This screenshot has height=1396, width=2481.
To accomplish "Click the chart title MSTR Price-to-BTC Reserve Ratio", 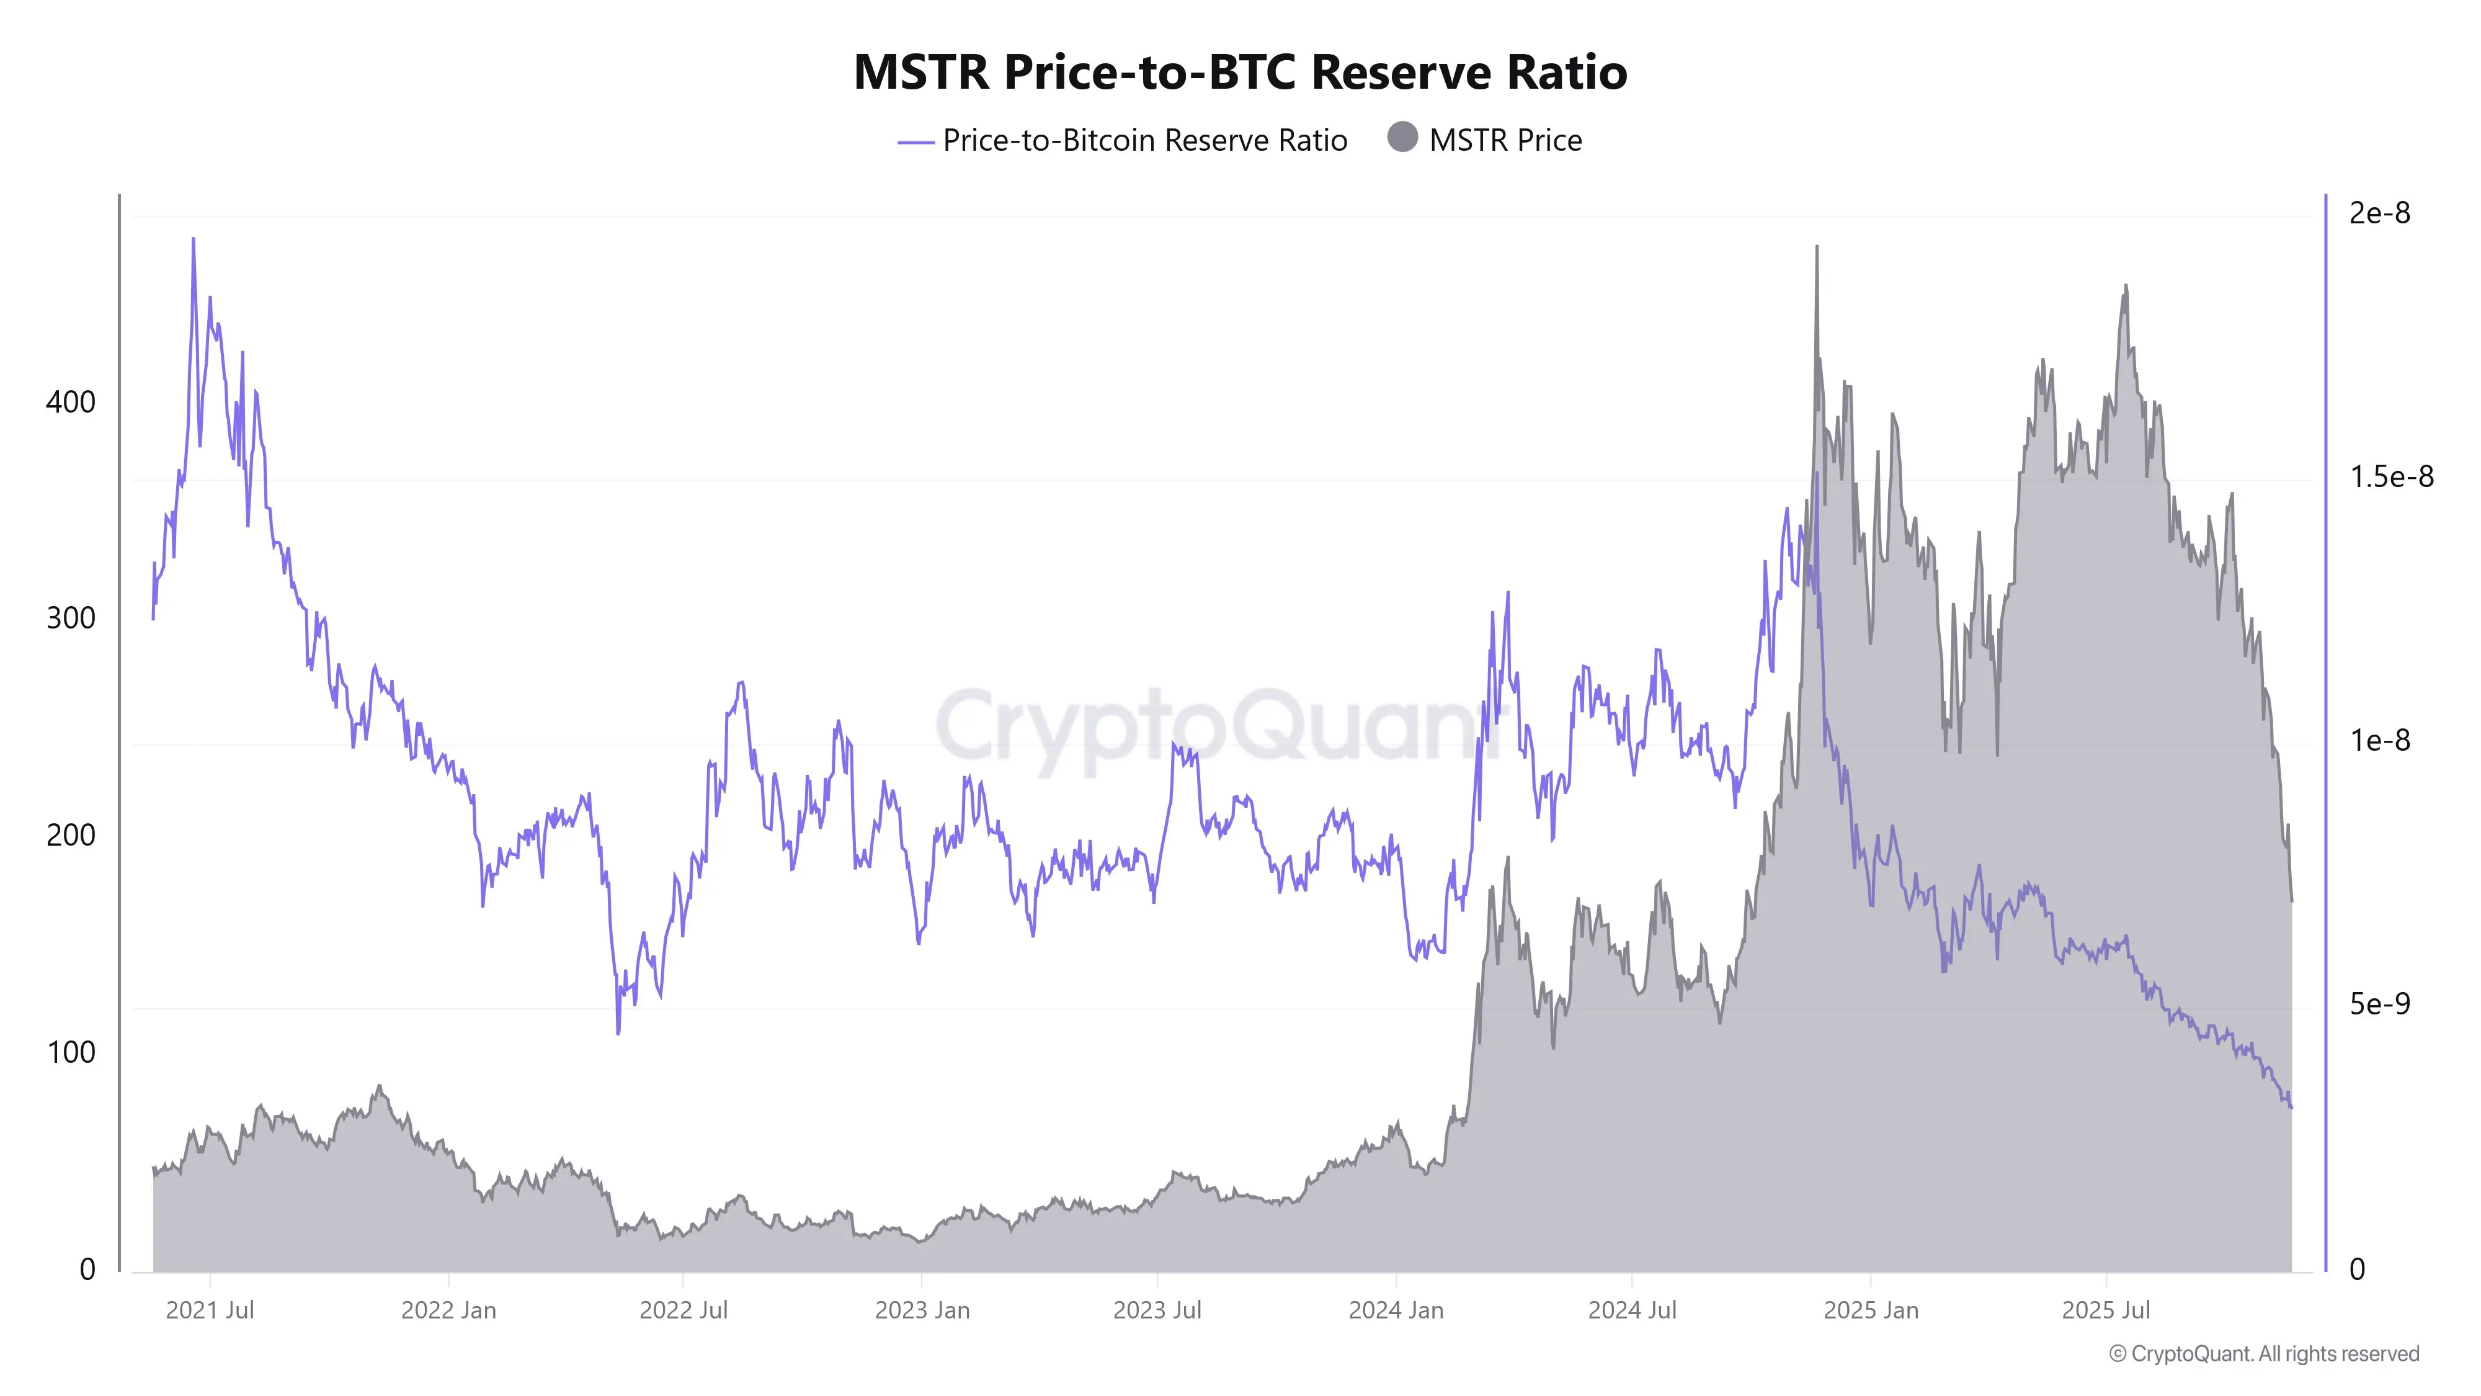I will (x=1240, y=72).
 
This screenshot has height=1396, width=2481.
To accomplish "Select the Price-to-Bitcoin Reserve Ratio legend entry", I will (x=1144, y=141).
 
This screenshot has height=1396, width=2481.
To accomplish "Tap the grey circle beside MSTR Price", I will (x=1402, y=138).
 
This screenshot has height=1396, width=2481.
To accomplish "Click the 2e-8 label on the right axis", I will (x=2379, y=213).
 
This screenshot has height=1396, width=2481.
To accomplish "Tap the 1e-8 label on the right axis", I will (x=2379, y=741).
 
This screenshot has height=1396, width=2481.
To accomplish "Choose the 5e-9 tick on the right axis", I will (x=2379, y=1004).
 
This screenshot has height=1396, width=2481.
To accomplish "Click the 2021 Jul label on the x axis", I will (x=210, y=1310).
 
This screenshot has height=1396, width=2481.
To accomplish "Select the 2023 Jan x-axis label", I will (x=922, y=1310).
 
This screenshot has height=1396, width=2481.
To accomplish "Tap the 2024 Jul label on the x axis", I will (x=1631, y=1310).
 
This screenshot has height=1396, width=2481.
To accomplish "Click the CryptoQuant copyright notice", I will (x=2263, y=1354).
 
